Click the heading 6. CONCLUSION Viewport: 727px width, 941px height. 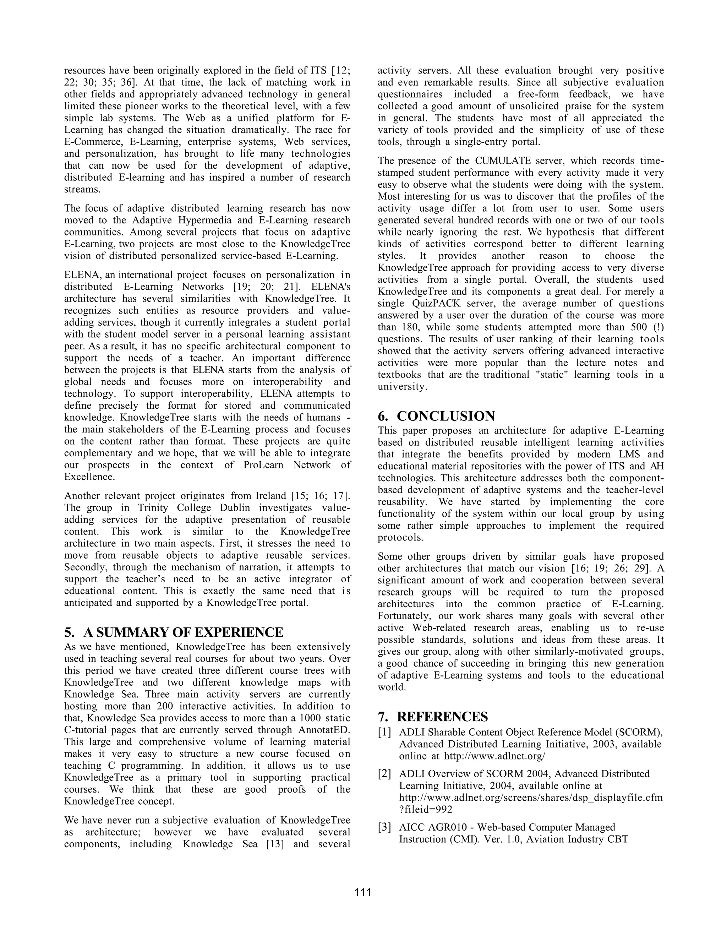tap(436, 416)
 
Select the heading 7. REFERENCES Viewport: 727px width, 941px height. tap(433, 717)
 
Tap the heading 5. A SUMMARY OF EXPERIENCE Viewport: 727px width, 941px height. tap(174, 632)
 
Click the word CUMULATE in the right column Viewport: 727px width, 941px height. tap(503, 161)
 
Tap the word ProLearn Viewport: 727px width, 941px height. tap(256, 465)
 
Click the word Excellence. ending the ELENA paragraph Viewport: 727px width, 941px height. tap(85, 477)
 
